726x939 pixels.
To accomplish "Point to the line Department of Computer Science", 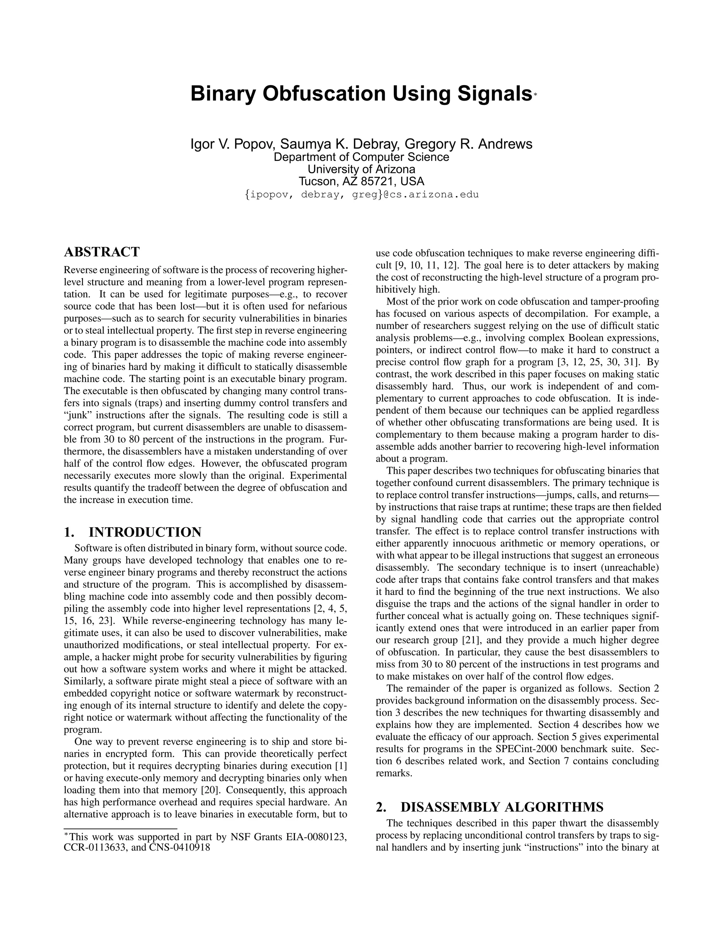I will point(361,157).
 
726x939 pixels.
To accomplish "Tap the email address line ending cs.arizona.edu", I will point(361,194).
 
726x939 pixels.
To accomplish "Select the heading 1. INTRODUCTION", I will point(133,532).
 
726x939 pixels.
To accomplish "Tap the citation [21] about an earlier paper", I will point(470,640).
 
